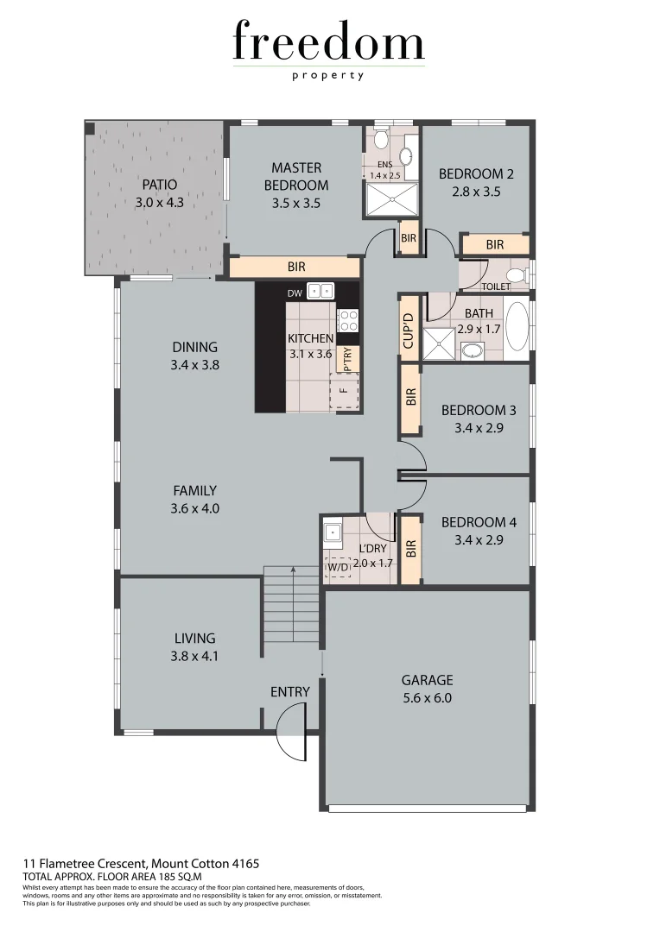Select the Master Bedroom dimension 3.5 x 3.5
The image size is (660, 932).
pyautogui.click(x=296, y=204)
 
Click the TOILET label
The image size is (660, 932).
pyautogui.click(x=495, y=286)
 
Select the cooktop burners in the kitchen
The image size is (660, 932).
pyautogui.click(x=347, y=320)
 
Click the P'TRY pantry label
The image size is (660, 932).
pyautogui.click(x=347, y=359)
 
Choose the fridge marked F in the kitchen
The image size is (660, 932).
pyautogui.click(x=343, y=391)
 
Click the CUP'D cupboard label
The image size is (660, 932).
pyautogui.click(x=409, y=327)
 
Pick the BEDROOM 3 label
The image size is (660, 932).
pyautogui.click(x=479, y=410)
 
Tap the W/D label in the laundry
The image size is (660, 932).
pyautogui.click(x=337, y=567)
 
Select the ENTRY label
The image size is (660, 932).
pyautogui.click(x=289, y=692)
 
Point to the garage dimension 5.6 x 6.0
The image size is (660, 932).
pyautogui.click(x=427, y=698)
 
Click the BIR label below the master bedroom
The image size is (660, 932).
pyautogui.click(x=296, y=268)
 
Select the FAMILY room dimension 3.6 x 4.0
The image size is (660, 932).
pyautogui.click(x=195, y=509)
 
